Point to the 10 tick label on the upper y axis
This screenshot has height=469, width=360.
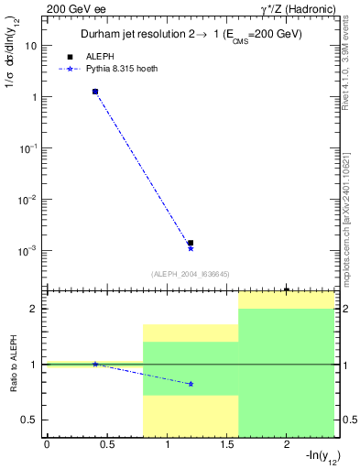pyautogui.click(x=31, y=45)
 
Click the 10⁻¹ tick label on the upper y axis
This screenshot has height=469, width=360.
pyautogui.click(x=28, y=147)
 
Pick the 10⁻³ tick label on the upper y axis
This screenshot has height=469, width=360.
pyautogui.click(x=28, y=250)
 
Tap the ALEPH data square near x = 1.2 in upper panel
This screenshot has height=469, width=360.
pyautogui.click(x=191, y=243)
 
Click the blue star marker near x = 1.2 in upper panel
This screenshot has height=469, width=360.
pyautogui.click(x=191, y=248)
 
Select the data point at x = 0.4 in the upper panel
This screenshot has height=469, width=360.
pyautogui.click(x=94, y=92)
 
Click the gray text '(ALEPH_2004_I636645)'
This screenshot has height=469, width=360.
pyautogui.click(x=190, y=273)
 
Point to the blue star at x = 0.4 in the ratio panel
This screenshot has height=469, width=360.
pyautogui.click(x=94, y=364)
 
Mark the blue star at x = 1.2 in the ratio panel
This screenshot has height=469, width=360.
pyautogui.click(x=191, y=384)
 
